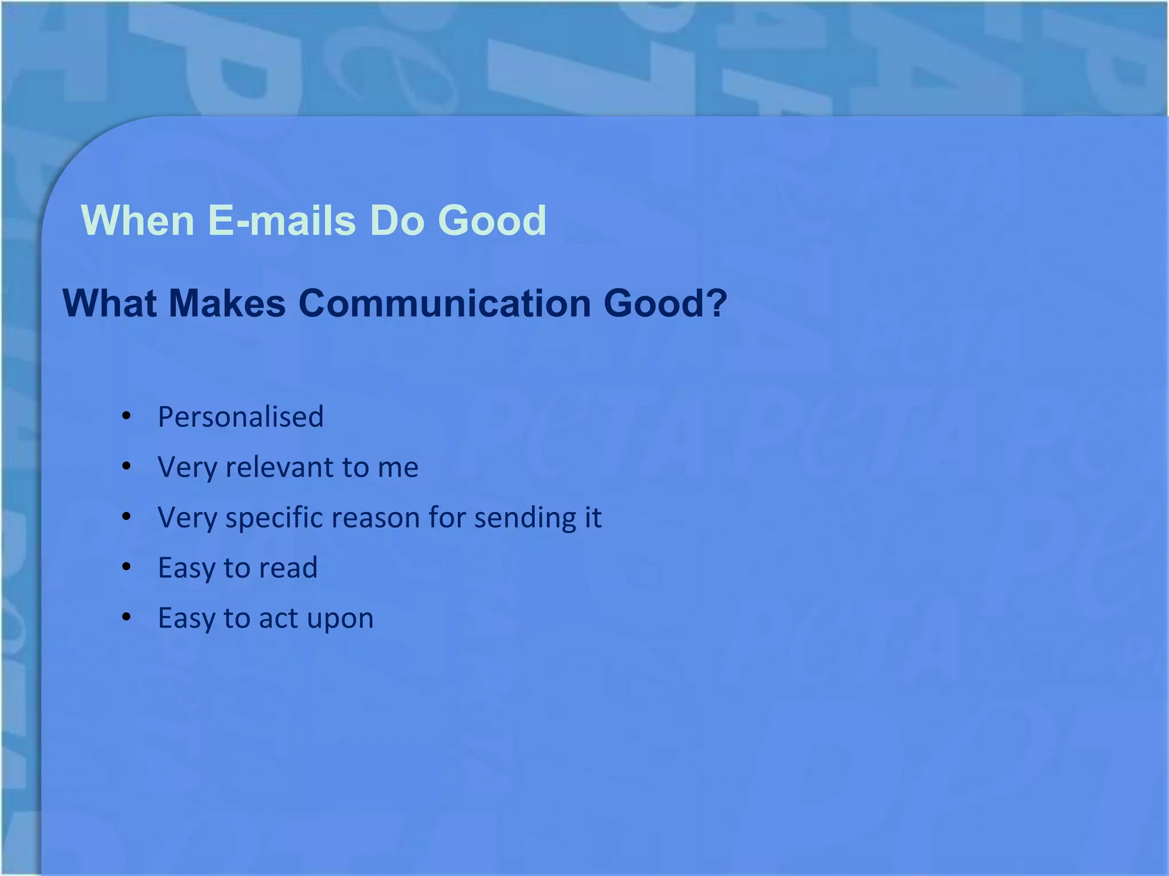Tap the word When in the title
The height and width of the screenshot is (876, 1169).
click(138, 221)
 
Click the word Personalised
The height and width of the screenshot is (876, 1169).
click(240, 417)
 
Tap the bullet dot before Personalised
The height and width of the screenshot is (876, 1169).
click(127, 416)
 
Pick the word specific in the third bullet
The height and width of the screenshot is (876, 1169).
click(275, 518)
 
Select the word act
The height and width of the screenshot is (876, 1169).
click(279, 619)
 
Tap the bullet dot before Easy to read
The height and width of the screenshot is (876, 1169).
click(127, 567)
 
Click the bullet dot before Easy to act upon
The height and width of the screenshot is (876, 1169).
click(127, 617)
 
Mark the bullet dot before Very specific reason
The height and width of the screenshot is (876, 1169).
click(127, 517)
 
